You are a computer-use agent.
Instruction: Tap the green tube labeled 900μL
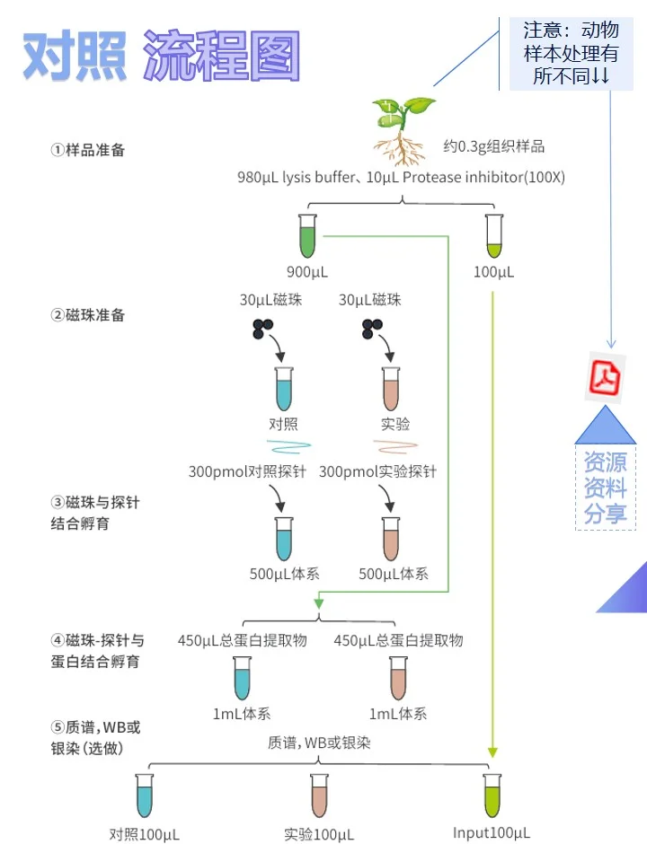pos(308,236)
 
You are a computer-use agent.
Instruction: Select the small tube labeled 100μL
pos(492,236)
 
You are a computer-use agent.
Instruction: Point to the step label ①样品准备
pos(87,150)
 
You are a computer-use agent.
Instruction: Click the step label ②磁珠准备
pos(87,315)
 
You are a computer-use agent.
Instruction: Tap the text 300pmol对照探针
pos(251,470)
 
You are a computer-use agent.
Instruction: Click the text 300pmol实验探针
pos(377,470)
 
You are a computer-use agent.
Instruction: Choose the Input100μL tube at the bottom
pos(492,795)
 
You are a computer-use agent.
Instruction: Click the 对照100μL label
pos(144,834)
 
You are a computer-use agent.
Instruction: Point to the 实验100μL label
pos(319,834)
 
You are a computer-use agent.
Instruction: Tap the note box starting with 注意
pos(571,53)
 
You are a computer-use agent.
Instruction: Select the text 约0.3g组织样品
pos(493,145)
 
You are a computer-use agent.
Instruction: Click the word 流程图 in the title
pos(221,56)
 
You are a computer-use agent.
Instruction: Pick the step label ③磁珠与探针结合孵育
pos(95,513)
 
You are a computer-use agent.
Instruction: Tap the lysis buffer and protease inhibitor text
pos(401,177)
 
